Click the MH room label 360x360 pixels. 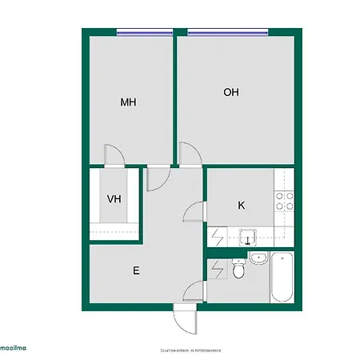(x=128, y=102)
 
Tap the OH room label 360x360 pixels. (x=231, y=92)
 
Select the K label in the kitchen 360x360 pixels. (x=241, y=206)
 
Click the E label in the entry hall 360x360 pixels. (x=136, y=270)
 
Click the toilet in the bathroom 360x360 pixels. (x=238, y=272)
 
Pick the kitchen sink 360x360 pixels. (x=248, y=236)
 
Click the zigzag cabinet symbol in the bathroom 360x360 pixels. (x=217, y=269)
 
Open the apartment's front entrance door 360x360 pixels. (x=185, y=320)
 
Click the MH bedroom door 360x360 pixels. (x=114, y=154)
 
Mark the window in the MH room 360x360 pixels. (x=145, y=32)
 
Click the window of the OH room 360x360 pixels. (x=227, y=32)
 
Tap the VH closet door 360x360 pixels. (x=156, y=178)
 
